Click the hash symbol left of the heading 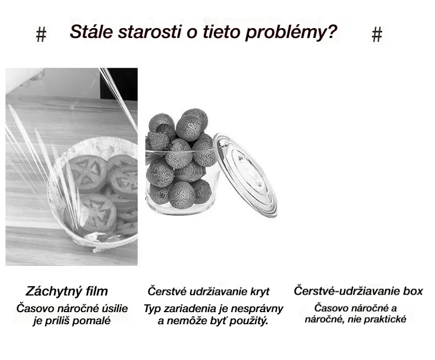point(41,35)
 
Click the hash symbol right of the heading point(377,34)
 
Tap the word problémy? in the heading point(291,32)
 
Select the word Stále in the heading point(91,31)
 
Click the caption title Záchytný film point(67,291)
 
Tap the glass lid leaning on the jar point(246,174)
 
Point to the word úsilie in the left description point(115,308)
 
